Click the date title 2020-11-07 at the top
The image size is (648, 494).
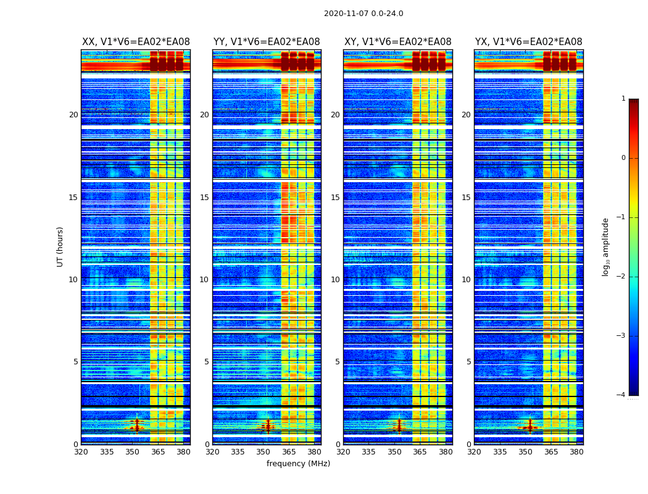(363, 14)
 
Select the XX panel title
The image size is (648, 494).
(136, 42)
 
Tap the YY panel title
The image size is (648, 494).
(267, 42)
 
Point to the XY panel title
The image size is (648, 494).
(397, 42)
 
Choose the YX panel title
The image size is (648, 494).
(528, 42)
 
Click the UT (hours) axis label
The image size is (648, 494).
(60, 246)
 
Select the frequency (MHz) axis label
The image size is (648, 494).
(298, 464)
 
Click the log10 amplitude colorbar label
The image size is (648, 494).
(606, 246)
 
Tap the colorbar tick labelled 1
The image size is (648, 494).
(623, 99)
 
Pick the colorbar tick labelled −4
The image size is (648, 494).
(621, 395)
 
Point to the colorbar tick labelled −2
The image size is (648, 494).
(621, 277)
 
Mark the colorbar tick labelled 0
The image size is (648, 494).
(623, 158)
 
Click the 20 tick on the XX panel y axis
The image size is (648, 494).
(73, 115)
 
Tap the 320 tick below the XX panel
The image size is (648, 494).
(81, 452)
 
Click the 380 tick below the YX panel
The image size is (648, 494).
(576, 452)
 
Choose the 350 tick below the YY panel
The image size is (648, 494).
(264, 452)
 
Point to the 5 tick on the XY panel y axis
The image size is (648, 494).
(337, 362)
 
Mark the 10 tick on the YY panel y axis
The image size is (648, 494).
(204, 280)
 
